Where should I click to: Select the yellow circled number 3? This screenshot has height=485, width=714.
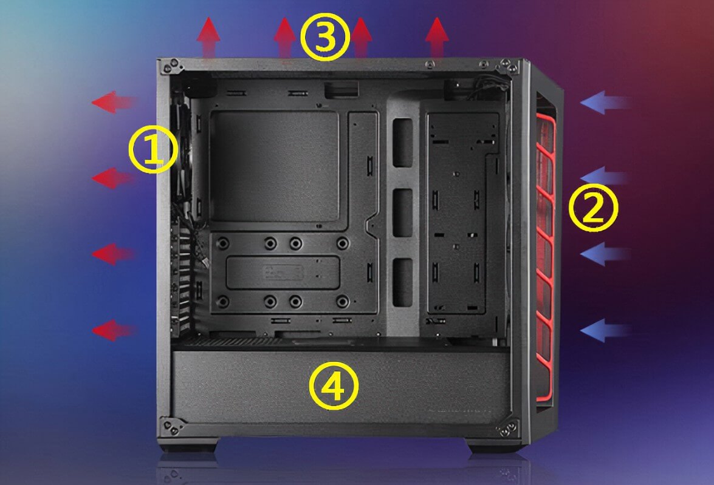pos(326,36)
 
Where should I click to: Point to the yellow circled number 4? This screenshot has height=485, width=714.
pos(334,385)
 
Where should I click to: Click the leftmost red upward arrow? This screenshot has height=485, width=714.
pos(208,38)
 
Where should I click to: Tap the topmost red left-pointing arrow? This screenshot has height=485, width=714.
pos(114,101)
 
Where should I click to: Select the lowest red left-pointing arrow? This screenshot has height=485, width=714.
pos(114,330)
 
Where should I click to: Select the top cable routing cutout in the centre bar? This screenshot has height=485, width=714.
pos(402,143)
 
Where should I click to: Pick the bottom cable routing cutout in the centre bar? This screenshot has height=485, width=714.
pos(402,282)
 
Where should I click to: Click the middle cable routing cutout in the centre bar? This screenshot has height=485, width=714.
pos(402,212)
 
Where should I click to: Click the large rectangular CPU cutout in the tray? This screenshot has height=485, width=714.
pos(276,166)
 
